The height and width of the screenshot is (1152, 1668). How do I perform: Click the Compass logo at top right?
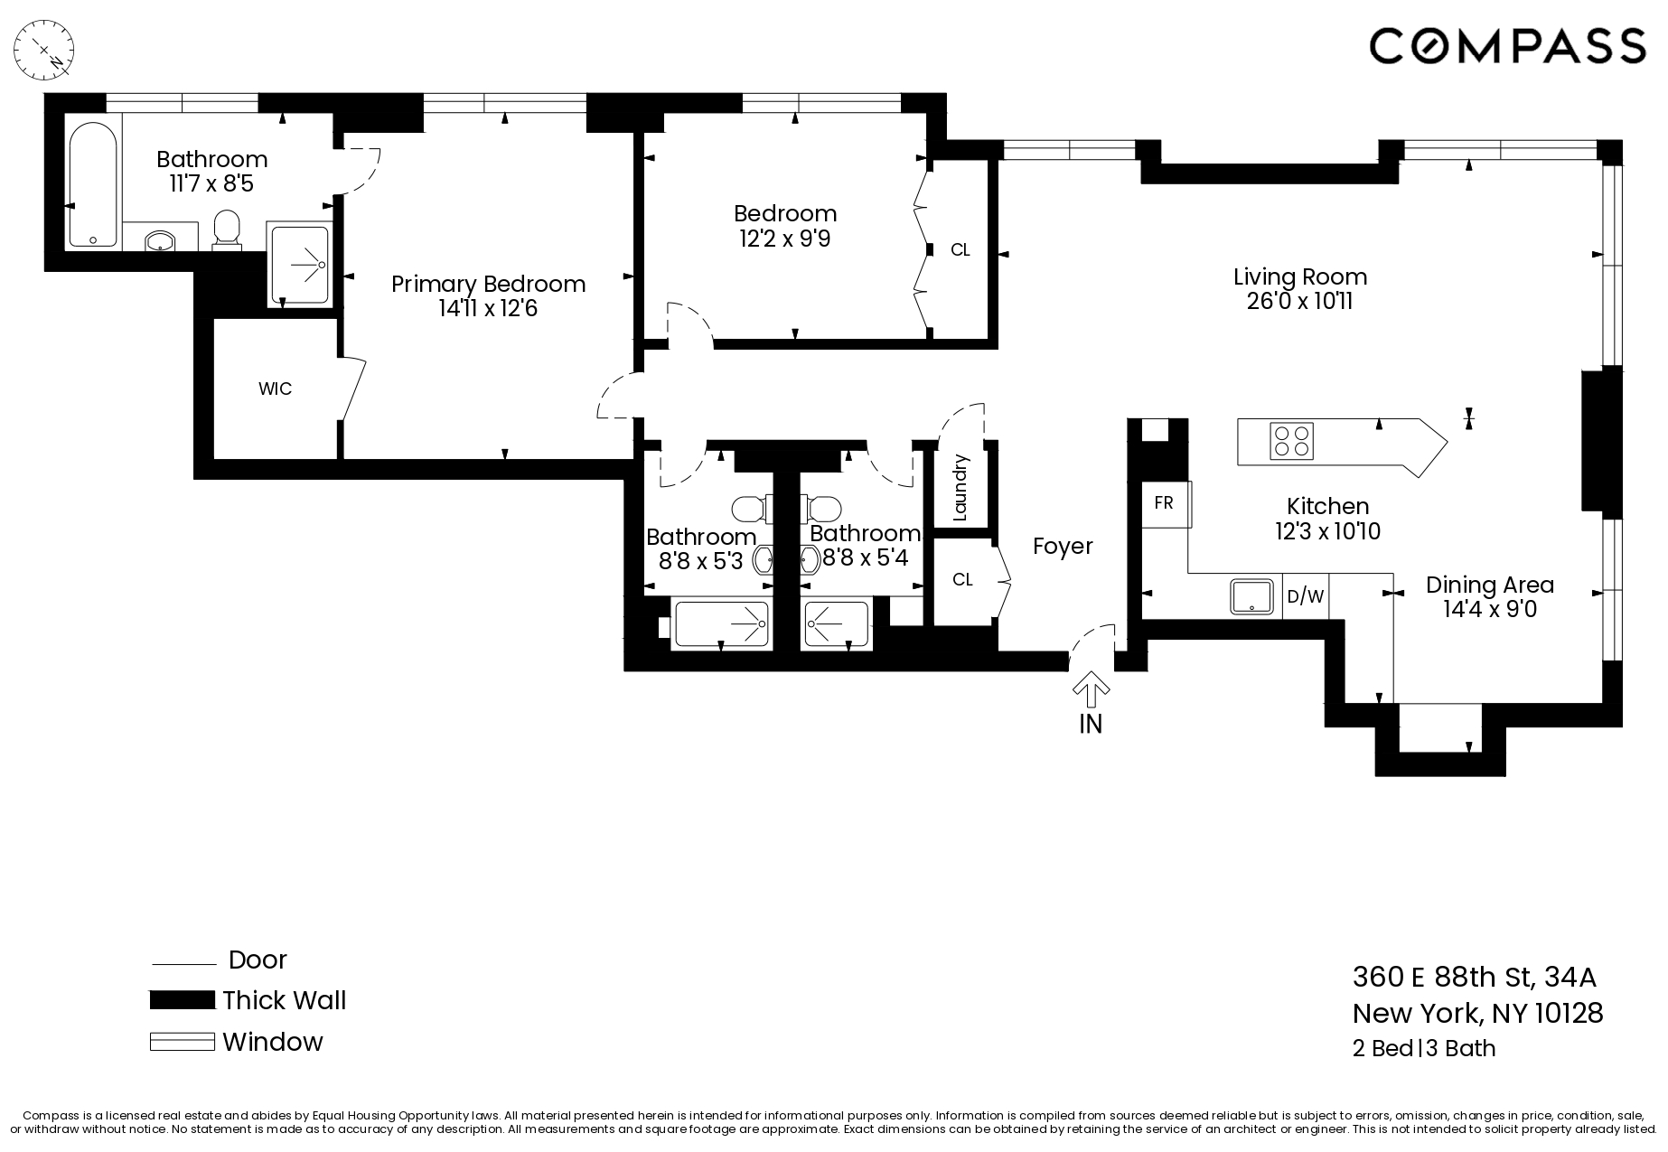[x=1507, y=45]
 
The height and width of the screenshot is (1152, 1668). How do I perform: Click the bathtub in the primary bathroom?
[x=93, y=184]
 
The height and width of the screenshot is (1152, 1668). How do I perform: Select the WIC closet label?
[x=275, y=389]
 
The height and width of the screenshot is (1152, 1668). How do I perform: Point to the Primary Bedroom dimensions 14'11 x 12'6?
[x=488, y=309]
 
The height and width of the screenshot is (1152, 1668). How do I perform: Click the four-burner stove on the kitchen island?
[x=1291, y=442]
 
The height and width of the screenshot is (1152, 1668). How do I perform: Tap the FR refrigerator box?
[x=1164, y=503]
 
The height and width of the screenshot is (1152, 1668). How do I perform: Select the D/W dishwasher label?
[x=1305, y=596]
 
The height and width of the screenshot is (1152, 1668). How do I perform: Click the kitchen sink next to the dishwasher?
[x=1255, y=597]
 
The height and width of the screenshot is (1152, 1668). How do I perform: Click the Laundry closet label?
[x=961, y=488]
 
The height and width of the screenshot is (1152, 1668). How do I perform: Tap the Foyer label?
[x=1063, y=547]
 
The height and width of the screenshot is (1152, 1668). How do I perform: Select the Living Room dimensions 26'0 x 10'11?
[x=1299, y=302]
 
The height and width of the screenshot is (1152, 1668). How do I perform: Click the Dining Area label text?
[x=1489, y=585]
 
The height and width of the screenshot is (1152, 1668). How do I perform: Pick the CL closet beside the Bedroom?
[x=960, y=250]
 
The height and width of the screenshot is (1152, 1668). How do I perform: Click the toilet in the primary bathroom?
[x=227, y=229]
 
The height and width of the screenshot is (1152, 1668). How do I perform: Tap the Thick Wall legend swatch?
[x=182, y=1000]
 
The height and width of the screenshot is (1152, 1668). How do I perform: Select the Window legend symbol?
[x=182, y=1042]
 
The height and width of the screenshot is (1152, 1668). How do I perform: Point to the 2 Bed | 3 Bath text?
[x=1423, y=1048]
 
